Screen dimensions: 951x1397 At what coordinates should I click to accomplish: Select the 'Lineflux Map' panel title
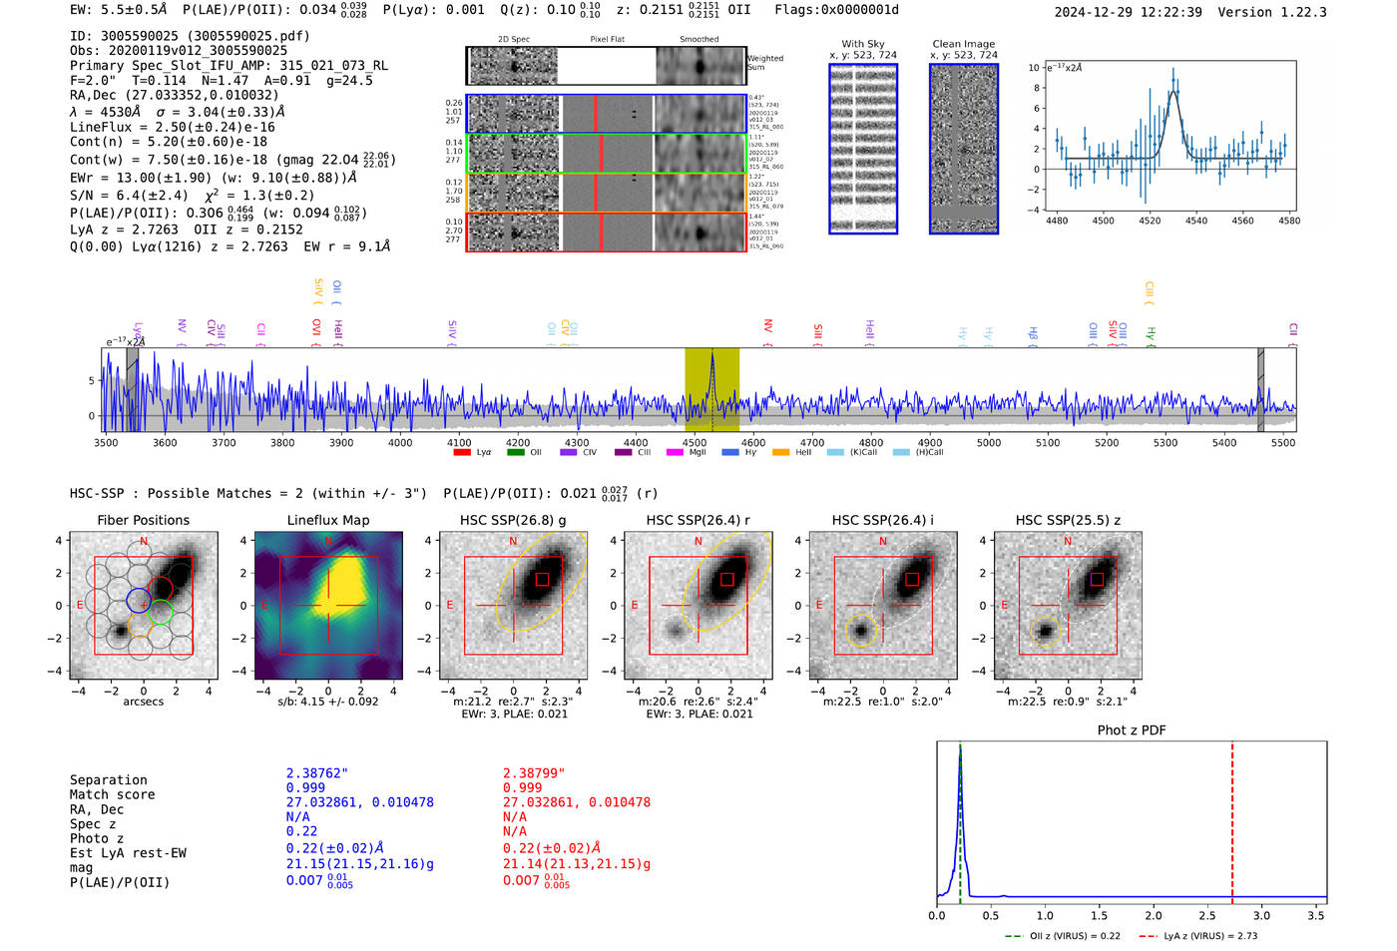coord(327,520)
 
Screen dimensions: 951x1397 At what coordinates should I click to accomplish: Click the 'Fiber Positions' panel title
coord(143,520)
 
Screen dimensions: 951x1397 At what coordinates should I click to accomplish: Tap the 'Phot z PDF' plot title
coord(1132,730)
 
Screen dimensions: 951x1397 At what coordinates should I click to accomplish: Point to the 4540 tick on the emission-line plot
coord(1196,221)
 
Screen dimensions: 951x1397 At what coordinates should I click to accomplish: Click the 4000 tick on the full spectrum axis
coord(400,443)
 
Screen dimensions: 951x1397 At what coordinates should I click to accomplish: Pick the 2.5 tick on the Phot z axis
coord(1207,915)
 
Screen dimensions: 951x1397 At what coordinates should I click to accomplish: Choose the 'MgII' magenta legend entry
coord(688,453)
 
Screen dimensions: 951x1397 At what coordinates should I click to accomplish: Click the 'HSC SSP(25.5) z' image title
coord(1068,520)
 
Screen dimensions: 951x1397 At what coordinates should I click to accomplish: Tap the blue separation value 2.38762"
coord(317,773)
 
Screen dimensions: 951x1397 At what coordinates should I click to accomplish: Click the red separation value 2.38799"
coord(534,773)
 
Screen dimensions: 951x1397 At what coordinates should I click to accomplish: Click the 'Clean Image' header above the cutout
coord(963,44)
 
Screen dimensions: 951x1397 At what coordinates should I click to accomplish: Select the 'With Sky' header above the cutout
coord(863,44)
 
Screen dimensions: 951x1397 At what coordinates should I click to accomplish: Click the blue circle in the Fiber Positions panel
coord(139,601)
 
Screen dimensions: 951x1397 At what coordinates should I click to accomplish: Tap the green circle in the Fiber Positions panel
coord(161,613)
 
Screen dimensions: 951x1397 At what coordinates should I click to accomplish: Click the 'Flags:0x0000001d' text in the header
coord(836,10)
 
